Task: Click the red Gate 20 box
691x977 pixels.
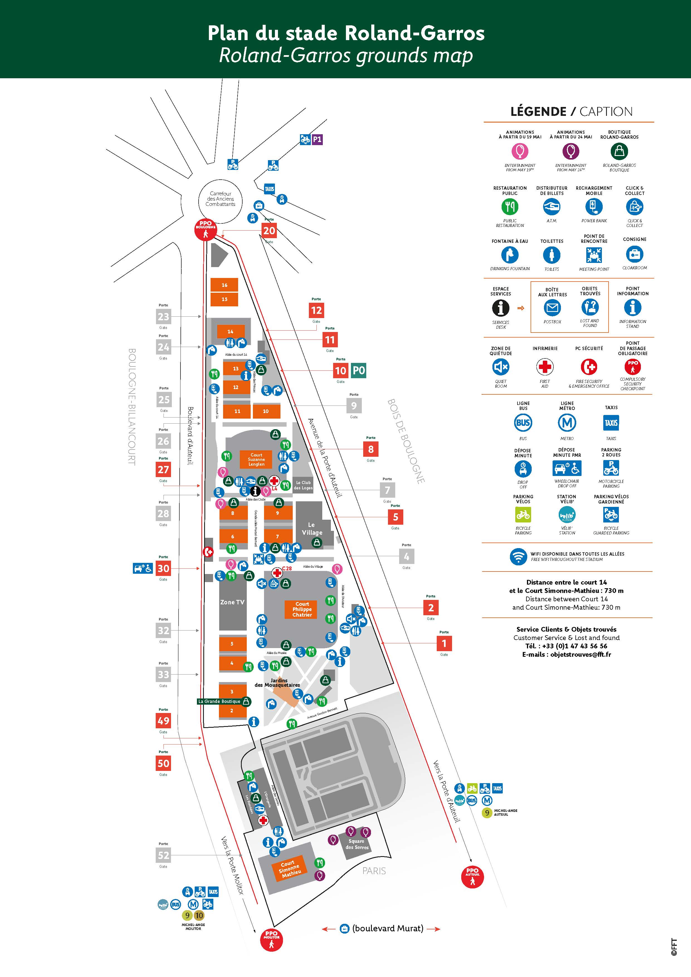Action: pos(269,231)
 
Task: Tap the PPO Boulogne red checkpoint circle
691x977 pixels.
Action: pos(206,230)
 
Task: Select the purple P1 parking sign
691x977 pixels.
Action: pos(317,140)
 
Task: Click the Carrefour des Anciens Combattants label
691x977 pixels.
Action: pos(220,199)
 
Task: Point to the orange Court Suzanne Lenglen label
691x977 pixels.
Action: pos(256,460)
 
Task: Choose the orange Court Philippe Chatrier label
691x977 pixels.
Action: pos(302,609)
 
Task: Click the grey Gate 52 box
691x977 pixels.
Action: pos(163,855)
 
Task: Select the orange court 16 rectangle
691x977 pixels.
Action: pos(224,285)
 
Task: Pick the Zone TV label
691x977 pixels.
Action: pos(232,602)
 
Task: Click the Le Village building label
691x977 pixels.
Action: pos(312,529)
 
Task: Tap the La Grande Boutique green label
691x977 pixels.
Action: pos(219,701)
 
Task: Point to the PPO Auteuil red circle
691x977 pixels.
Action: pos(472,876)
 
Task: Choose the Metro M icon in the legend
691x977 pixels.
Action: pos(567,422)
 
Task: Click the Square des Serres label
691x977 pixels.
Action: pos(357,844)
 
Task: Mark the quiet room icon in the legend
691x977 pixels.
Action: pos(501,367)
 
